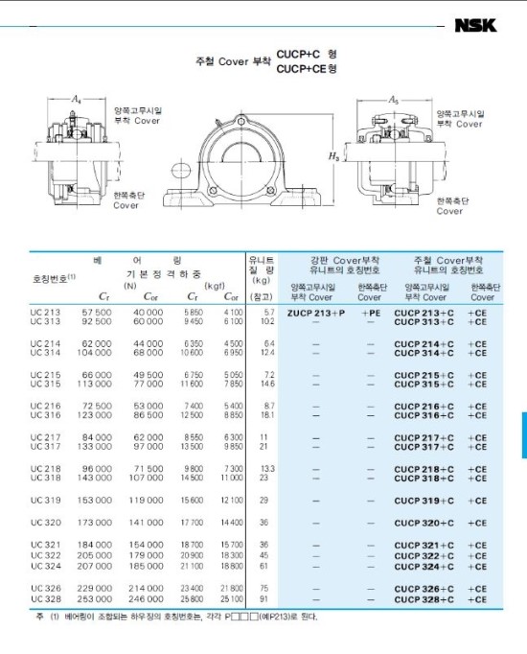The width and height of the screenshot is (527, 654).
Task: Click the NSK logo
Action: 475,26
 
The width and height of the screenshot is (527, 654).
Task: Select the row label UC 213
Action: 45,312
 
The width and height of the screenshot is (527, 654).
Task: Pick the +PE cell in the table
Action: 371,313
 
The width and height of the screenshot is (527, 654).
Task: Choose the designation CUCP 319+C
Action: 424,501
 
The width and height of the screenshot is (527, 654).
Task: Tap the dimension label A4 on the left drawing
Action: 77,99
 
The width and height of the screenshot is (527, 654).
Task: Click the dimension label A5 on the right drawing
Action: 392,99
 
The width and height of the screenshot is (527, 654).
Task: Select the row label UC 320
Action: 45,523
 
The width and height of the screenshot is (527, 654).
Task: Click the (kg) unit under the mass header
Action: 261,280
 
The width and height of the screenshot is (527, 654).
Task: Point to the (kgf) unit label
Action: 216,285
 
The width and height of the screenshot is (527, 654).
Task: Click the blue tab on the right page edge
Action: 523,434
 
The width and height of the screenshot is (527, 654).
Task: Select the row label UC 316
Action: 45,415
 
